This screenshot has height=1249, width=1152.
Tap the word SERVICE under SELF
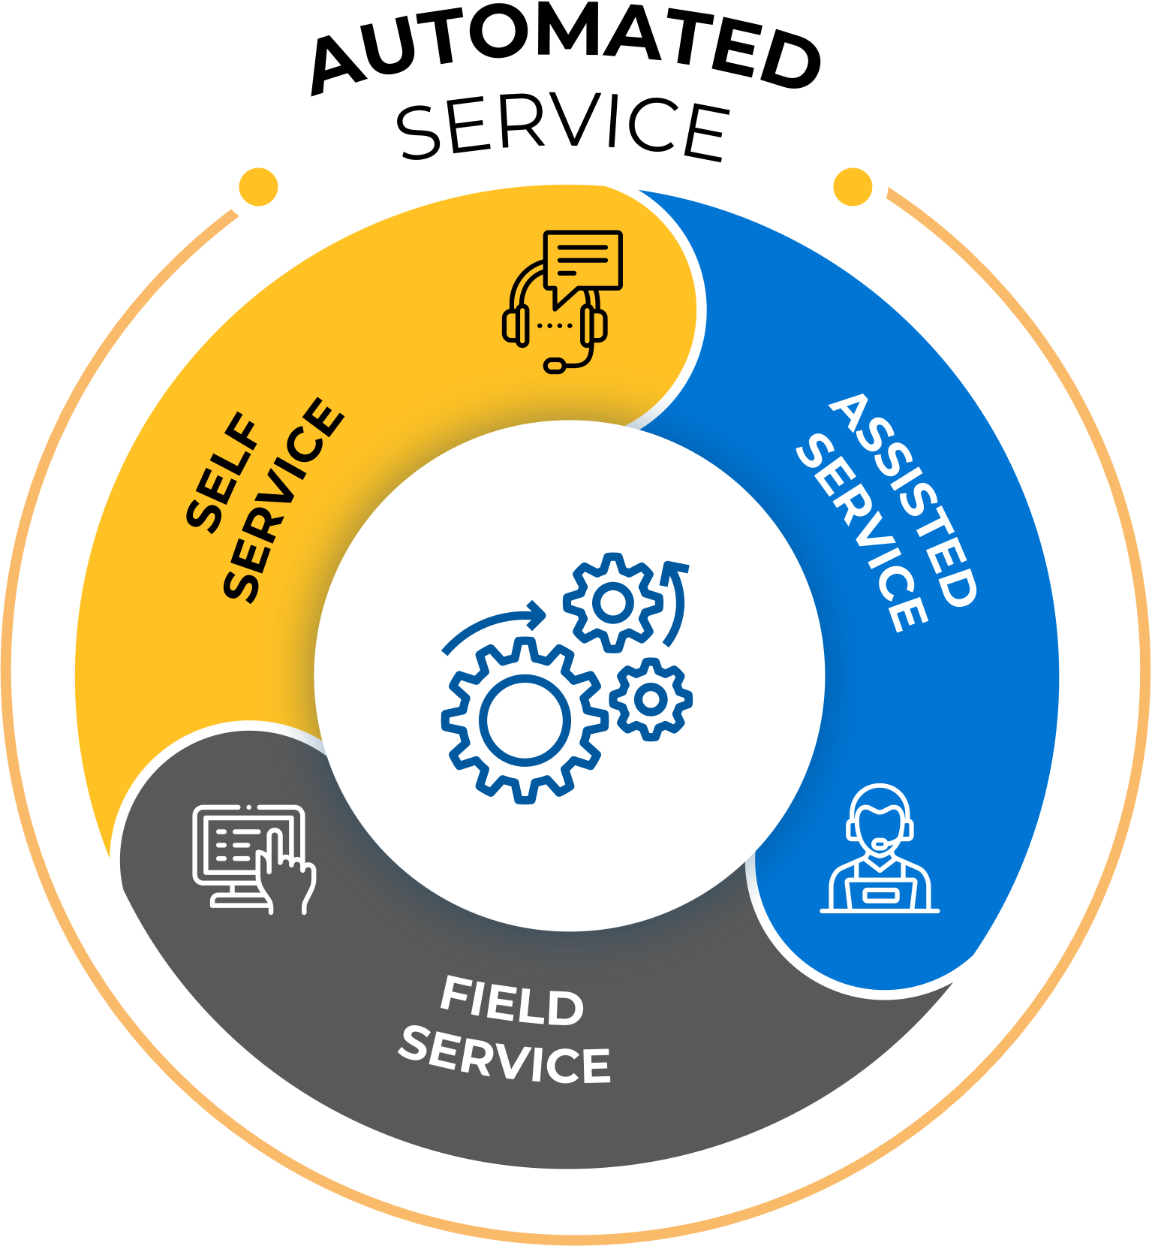284,499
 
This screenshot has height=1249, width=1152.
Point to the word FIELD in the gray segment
512,1001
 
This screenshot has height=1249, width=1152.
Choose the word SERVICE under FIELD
505,1056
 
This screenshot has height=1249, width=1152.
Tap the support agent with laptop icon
880,849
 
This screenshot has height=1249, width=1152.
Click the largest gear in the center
524,720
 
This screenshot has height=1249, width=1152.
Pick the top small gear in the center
613,602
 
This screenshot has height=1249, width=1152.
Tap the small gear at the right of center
651,699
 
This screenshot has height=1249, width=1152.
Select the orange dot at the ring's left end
258,186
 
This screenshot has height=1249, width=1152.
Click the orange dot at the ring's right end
853,186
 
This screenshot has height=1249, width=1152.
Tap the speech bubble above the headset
583,261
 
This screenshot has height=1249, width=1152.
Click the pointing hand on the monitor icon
289,875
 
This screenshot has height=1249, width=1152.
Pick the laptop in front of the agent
879,894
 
